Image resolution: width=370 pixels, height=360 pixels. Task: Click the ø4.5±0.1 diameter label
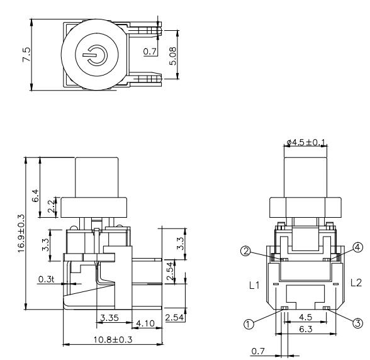click(x=305, y=142)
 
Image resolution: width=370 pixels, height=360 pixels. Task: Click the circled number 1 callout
click(x=249, y=324)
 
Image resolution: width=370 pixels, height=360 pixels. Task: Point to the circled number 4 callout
click(x=358, y=247)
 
